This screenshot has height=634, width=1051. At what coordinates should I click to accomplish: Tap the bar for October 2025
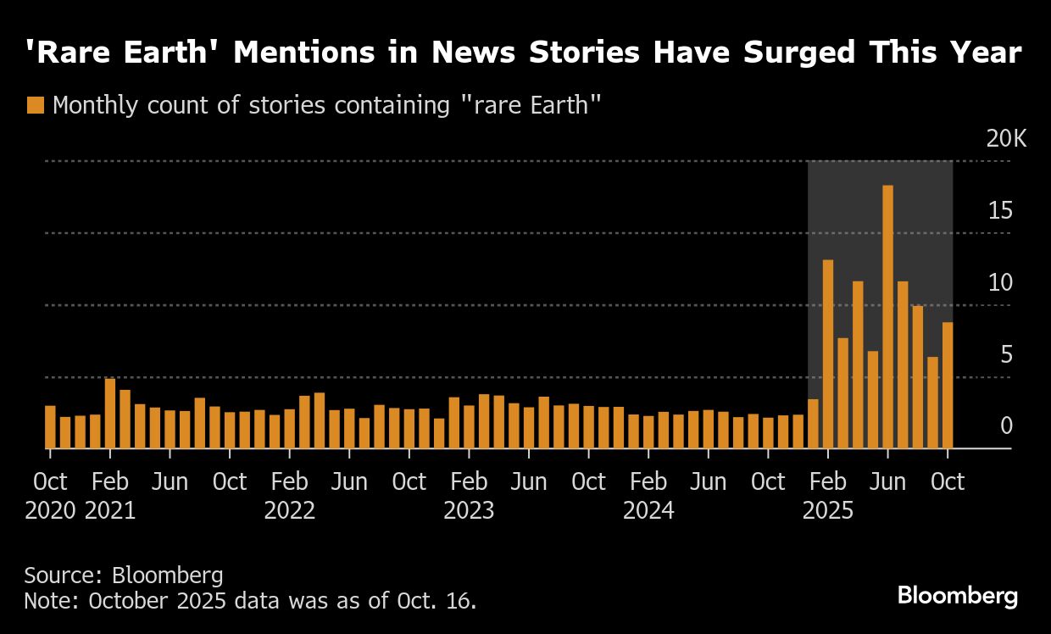[948, 385]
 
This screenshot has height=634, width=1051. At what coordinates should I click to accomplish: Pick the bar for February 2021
[110, 413]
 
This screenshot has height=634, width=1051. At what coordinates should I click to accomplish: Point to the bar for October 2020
[50, 427]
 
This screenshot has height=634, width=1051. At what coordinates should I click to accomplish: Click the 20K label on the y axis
[1006, 139]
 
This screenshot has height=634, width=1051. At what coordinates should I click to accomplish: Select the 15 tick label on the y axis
[1000, 210]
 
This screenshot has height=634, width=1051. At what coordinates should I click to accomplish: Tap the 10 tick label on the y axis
[1000, 282]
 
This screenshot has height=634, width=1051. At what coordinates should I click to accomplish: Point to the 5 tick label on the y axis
[1006, 354]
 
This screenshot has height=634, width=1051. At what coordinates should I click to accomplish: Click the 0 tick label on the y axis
[1006, 425]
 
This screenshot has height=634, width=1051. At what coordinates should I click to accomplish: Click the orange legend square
[35, 106]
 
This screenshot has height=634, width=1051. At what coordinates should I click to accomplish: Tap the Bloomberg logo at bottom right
[957, 595]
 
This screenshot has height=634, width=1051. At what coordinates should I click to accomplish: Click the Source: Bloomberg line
[124, 576]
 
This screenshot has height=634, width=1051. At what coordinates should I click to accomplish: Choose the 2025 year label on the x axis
[828, 511]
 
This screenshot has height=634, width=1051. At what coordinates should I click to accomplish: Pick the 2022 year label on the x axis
[290, 511]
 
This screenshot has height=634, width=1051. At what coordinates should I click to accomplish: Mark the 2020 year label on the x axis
[50, 511]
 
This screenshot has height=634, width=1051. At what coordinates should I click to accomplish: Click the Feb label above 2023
[469, 482]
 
